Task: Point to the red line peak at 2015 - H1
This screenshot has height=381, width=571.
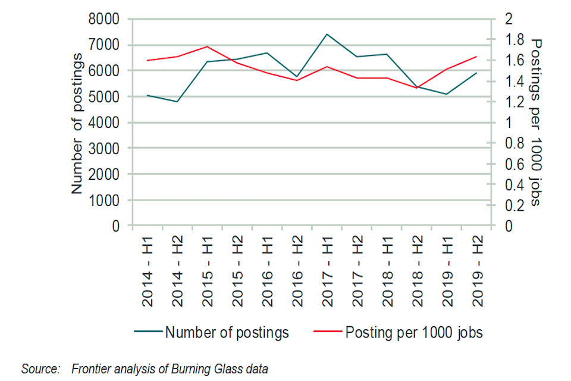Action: point(206,46)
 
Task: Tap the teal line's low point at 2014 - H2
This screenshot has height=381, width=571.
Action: point(177,102)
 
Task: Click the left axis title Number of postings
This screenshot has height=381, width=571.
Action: point(77,123)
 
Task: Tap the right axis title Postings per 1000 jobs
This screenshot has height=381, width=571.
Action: point(536,123)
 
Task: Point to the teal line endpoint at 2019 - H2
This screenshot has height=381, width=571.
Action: point(476,73)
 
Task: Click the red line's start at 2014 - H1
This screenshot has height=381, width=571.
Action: point(147,60)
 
